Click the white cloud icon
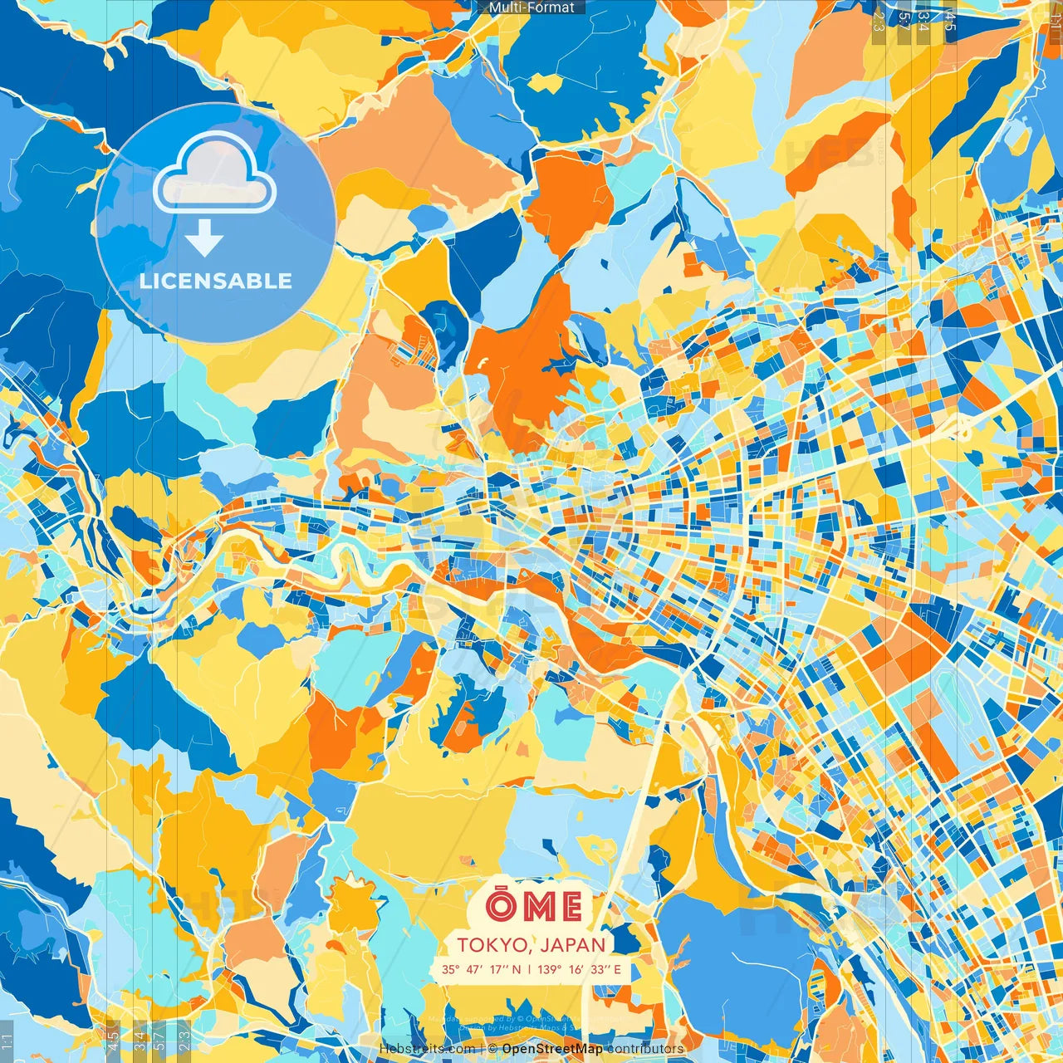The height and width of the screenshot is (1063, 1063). coord(214,173)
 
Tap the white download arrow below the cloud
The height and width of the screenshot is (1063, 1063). coord(204,239)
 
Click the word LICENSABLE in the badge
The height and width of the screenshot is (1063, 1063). coord(216,281)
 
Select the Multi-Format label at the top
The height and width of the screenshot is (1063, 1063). coord(531,7)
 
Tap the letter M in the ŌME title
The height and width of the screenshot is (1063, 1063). coord(540,908)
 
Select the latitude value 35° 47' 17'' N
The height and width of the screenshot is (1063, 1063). coord(482,969)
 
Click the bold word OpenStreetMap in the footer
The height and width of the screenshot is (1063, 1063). coord(552,1049)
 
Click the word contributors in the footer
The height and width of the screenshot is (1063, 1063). coord(645,1049)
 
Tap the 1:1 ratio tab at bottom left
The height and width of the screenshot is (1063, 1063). coord(7,1041)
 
